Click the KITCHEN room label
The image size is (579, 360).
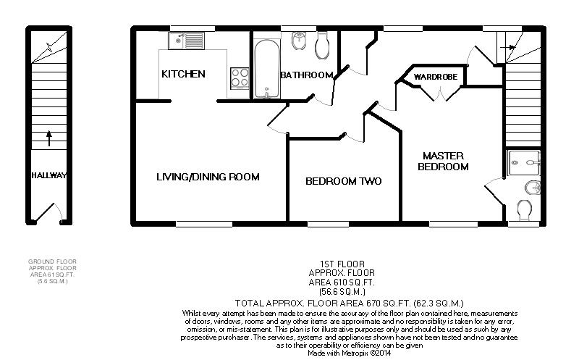[183, 74]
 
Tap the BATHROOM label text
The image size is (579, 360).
[306, 75]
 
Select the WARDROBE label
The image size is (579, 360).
[436, 77]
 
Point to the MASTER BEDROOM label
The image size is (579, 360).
[443, 161]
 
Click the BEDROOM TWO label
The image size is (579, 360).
[343, 181]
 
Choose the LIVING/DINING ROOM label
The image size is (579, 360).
[208, 177]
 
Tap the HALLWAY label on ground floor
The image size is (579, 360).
[48, 175]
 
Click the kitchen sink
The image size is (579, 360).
[186, 41]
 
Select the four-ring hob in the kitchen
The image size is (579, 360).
[240, 78]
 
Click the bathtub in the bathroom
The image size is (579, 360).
[266, 69]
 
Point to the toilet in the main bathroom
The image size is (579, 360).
[322, 46]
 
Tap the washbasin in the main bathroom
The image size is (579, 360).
[298, 41]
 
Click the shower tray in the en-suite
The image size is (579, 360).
[524, 163]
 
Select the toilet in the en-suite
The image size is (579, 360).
[524, 210]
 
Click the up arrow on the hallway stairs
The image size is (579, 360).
[48, 138]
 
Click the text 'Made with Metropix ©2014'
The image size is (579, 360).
[350, 353]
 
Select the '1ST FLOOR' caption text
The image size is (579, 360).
[342, 264]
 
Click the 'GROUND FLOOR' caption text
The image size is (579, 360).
[52, 261]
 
